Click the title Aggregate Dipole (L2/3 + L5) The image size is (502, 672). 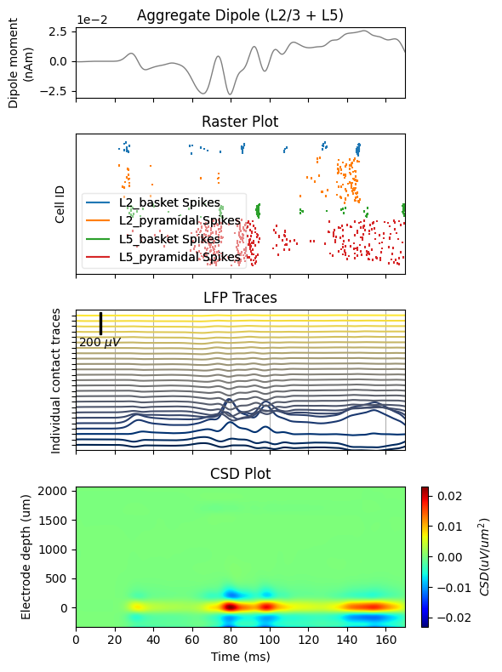point(240,15)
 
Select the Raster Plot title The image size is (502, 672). point(240,122)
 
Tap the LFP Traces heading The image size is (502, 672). point(240,298)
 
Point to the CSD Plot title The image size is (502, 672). point(240,474)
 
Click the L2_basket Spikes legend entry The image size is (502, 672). point(169,202)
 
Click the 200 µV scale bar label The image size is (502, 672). point(100,342)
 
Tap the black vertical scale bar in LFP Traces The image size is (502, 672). point(101,323)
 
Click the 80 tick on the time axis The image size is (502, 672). point(231,640)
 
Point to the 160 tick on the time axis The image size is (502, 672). point(385,640)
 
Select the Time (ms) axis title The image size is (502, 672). point(241,657)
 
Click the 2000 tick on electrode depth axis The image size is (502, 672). point(53,491)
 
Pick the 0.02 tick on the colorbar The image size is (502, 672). point(450,496)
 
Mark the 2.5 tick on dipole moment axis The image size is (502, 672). point(58,31)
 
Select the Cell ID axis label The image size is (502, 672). point(60,204)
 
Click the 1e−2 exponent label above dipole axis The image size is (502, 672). point(92,20)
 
